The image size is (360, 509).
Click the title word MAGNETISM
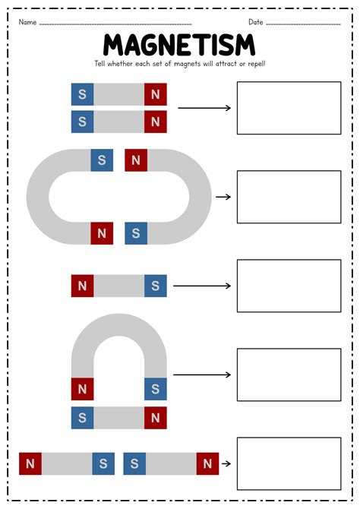pyautogui.click(x=179, y=45)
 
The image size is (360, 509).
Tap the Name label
pyautogui.click(x=27, y=22)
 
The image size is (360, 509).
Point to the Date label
pyautogui.click(x=255, y=22)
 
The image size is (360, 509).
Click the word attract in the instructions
pyautogui.click(x=226, y=64)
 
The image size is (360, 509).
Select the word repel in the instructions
pyautogui.click(x=256, y=64)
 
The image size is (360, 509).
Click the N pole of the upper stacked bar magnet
pyautogui.click(x=156, y=94)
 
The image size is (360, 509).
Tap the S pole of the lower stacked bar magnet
pyautogui.click(x=83, y=122)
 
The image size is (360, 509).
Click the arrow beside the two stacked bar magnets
pyautogui.click(x=204, y=108)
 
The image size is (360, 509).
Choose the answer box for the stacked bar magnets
pyautogui.click(x=289, y=108)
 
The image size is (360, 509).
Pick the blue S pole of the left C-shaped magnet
pyautogui.click(x=102, y=160)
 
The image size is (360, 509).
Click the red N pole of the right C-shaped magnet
pyautogui.click(x=136, y=160)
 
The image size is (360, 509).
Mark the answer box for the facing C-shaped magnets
pyautogui.click(x=289, y=197)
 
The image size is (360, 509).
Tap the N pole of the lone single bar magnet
pyautogui.click(x=83, y=286)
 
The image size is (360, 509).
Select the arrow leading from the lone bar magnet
pyautogui.click(x=202, y=286)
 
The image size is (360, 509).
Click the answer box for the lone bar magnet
pyautogui.click(x=289, y=286)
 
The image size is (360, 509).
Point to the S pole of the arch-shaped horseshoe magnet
pyautogui.click(x=156, y=389)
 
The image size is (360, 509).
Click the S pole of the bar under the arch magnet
pyautogui.click(x=83, y=418)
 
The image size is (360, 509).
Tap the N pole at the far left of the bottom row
pyautogui.click(x=30, y=463)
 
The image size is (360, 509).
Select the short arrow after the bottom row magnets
pyautogui.click(x=226, y=463)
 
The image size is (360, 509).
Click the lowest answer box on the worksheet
pyautogui.click(x=289, y=463)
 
